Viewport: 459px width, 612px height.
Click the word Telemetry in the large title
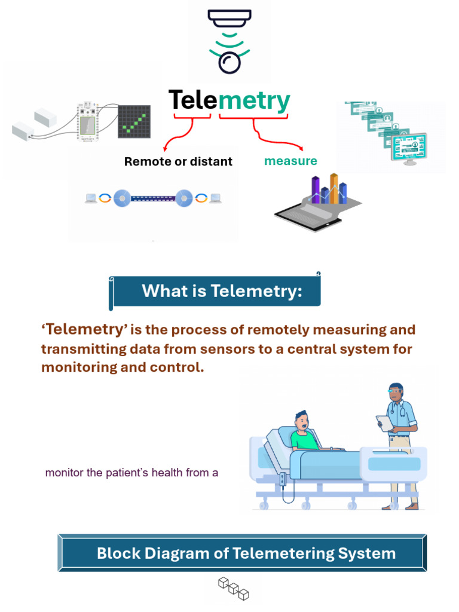[229, 101]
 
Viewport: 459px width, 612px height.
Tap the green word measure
[290, 161]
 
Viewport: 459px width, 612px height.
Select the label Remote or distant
[178, 161]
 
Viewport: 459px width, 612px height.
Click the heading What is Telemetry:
[222, 292]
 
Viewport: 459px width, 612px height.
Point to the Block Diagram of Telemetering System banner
[246, 553]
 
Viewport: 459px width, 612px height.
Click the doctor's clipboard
[384, 423]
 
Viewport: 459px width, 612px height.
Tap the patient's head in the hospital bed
[302, 421]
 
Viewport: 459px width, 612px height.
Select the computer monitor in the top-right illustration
[410, 146]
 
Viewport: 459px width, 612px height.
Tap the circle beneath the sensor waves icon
[230, 63]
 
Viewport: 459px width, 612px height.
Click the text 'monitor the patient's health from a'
[131, 473]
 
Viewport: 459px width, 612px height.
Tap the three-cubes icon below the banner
[232, 588]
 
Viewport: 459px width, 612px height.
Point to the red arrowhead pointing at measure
[303, 149]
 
